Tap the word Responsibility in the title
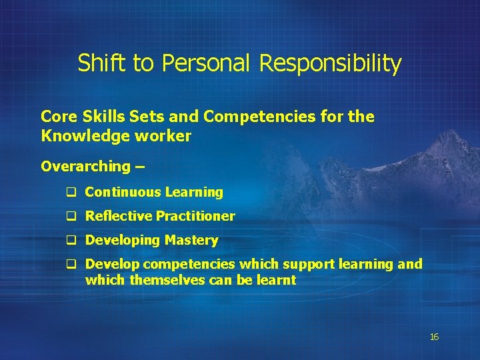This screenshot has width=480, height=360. pyautogui.click(x=330, y=64)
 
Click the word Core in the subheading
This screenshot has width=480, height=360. pyautogui.click(x=57, y=117)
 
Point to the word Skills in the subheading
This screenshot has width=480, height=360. pyautogui.click(x=98, y=117)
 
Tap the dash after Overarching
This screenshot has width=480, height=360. pyautogui.click(x=140, y=166)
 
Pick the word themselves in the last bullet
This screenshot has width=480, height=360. pyautogui.click(x=167, y=280)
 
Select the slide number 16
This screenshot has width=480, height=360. pyautogui.click(x=434, y=337)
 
